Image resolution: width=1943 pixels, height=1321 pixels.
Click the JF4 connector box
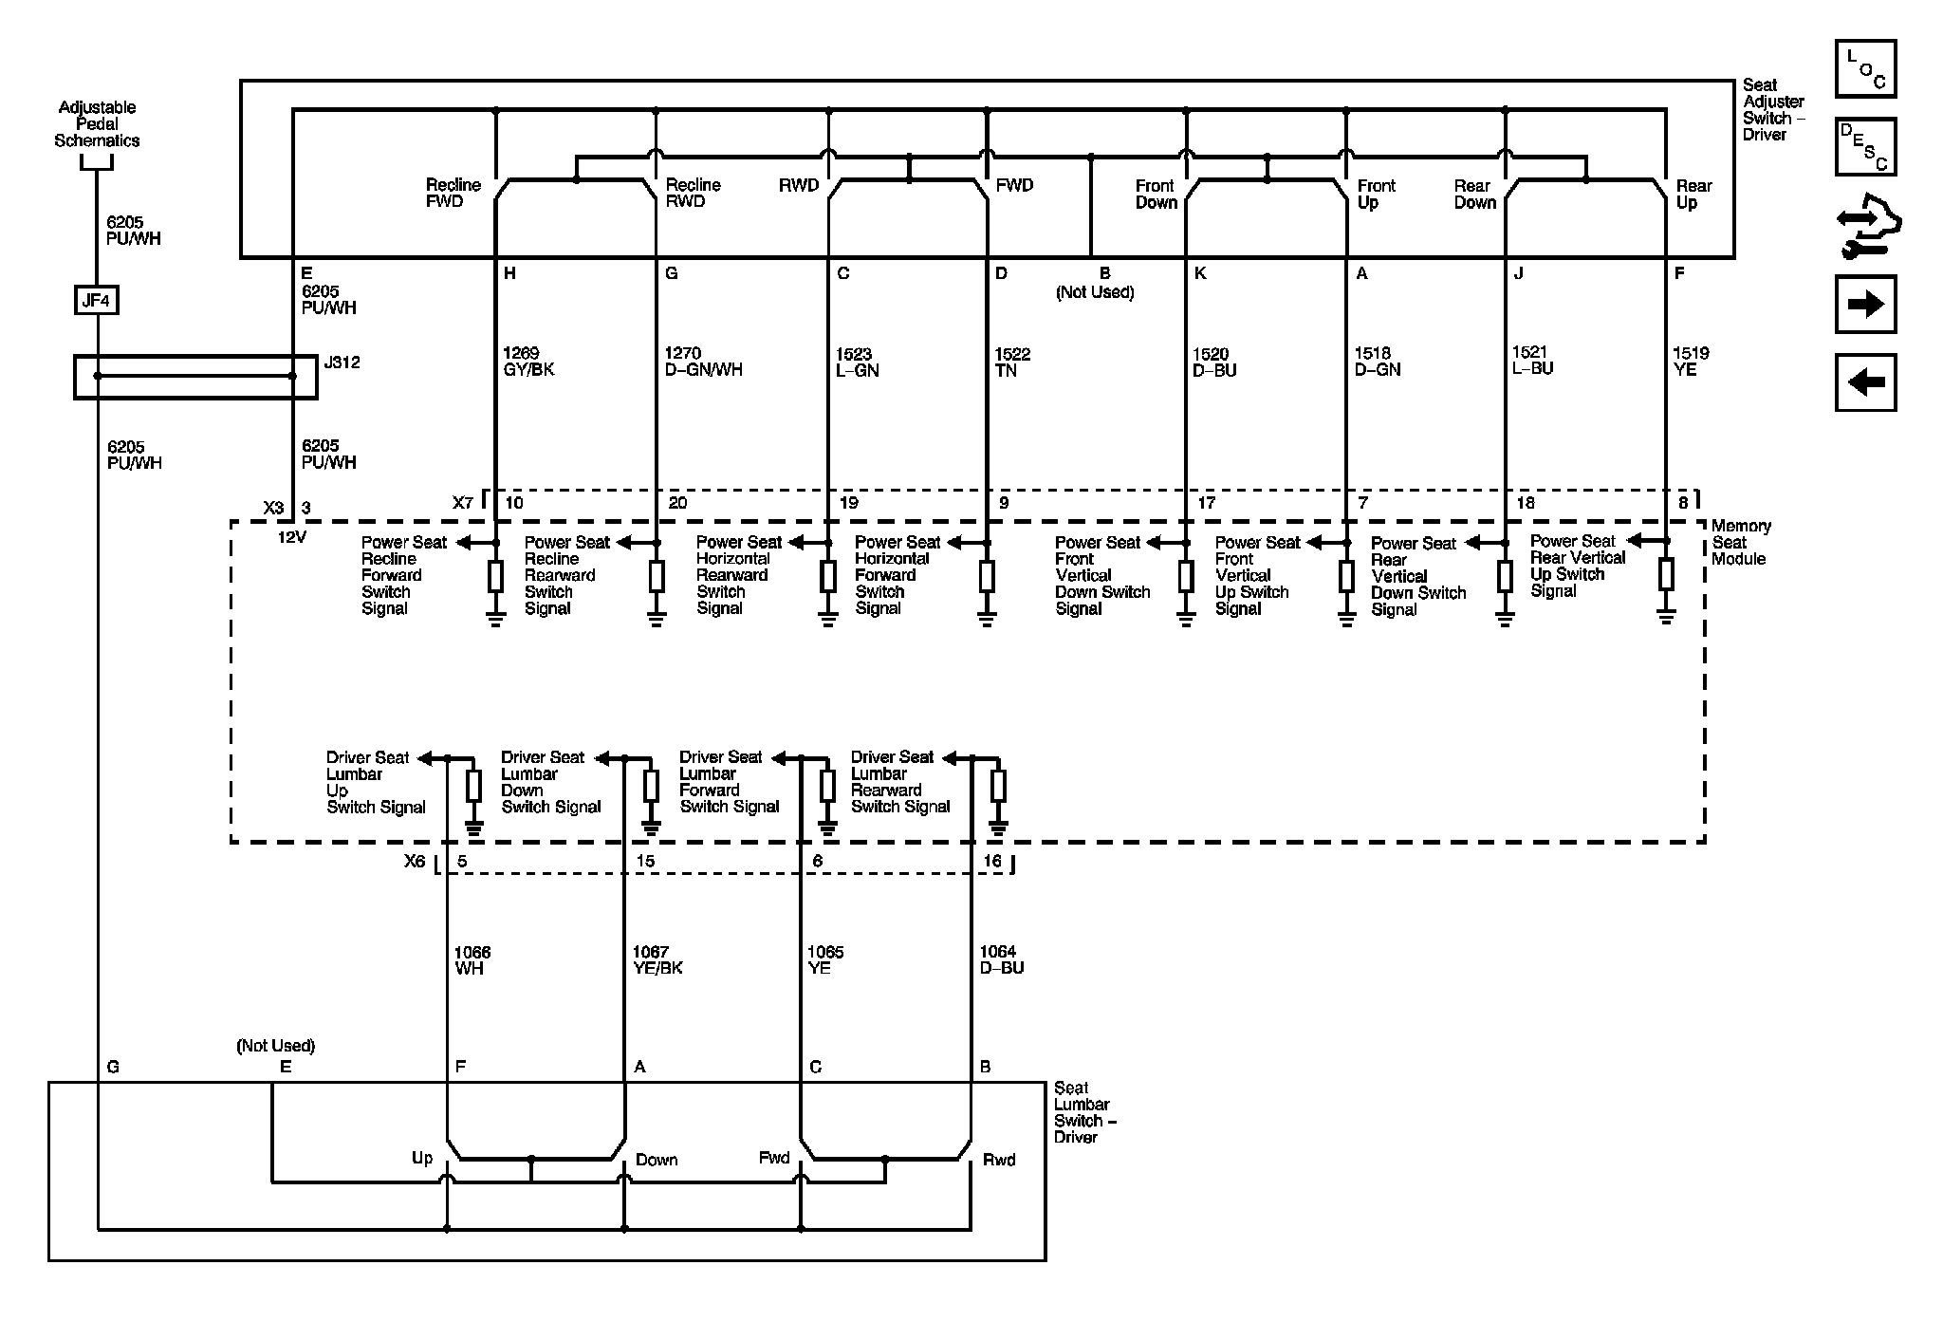tap(97, 302)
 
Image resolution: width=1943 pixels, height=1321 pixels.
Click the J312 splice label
tap(342, 363)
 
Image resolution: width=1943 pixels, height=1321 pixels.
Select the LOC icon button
tap(1865, 68)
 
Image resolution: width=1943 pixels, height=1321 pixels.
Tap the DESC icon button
tap(1865, 147)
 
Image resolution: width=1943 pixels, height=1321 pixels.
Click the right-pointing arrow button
tap(1865, 305)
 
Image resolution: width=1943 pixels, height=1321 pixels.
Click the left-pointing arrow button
tap(1865, 382)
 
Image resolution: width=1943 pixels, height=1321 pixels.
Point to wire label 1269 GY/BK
tap(528, 362)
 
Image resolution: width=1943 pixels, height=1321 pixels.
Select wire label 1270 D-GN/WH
tap(703, 362)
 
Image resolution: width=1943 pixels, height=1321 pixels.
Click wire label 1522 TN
tap(1012, 362)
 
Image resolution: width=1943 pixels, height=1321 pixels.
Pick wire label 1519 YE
tap(1691, 362)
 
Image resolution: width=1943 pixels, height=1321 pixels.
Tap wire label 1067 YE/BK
tap(657, 960)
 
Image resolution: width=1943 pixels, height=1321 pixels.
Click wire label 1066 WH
tap(472, 960)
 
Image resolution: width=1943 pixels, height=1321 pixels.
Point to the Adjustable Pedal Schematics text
tap(97, 124)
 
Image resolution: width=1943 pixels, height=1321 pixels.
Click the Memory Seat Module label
tap(1741, 542)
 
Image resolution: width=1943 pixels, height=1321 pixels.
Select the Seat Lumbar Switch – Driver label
tap(1084, 1112)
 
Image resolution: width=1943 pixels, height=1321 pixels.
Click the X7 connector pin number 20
tap(677, 503)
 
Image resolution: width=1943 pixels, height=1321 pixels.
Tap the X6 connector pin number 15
tap(645, 862)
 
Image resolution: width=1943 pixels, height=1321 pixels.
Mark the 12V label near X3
tap(291, 537)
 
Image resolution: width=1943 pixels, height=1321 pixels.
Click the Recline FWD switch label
tap(453, 193)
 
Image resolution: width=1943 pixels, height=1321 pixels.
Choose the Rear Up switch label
tap(1693, 194)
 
